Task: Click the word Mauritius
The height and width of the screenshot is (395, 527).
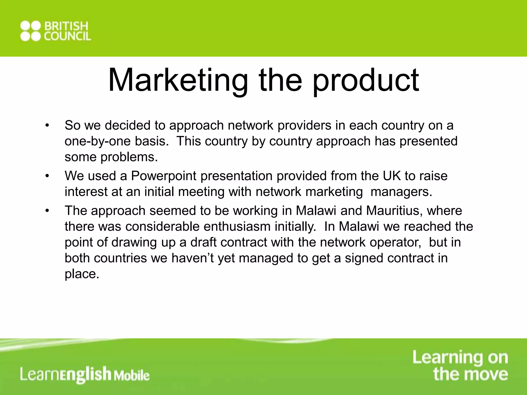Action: (x=394, y=211)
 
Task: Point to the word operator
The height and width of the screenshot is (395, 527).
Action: (x=395, y=243)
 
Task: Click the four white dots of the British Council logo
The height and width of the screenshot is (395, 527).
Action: (x=31, y=31)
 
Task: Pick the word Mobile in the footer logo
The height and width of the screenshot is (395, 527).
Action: (x=131, y=376)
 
